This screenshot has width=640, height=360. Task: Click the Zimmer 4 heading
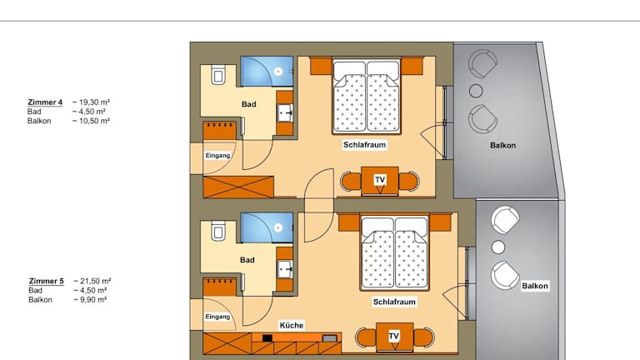pos(45,102)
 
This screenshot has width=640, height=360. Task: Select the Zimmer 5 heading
pos(46,281)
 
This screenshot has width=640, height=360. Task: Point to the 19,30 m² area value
pos(91,102)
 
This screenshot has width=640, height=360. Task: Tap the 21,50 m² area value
pos(92,281)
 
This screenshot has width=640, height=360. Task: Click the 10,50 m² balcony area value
pos(91,121)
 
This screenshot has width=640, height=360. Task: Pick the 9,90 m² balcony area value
pos(90,300)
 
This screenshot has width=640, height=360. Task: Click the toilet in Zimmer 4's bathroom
pos(218,74)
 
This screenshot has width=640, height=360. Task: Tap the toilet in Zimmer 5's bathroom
pos(218,231)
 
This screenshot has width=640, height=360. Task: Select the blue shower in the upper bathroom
pos(267,72)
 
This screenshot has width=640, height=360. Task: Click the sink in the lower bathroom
pos(285,269)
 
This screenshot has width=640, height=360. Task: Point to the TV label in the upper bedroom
pos(380,180)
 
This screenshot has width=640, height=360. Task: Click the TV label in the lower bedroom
pos(394,336)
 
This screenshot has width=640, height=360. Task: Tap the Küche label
pos(292,325)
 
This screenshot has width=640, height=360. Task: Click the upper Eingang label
pos(218,156)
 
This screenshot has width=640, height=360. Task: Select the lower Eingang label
pos(218,317)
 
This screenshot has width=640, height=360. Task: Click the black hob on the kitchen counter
pos(267,338)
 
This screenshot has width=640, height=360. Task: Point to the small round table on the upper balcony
pos(476,91)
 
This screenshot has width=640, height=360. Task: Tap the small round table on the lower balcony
pos(498,247)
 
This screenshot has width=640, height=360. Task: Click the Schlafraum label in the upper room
pos(364,145)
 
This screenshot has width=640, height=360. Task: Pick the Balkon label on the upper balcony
pos(502,145)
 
